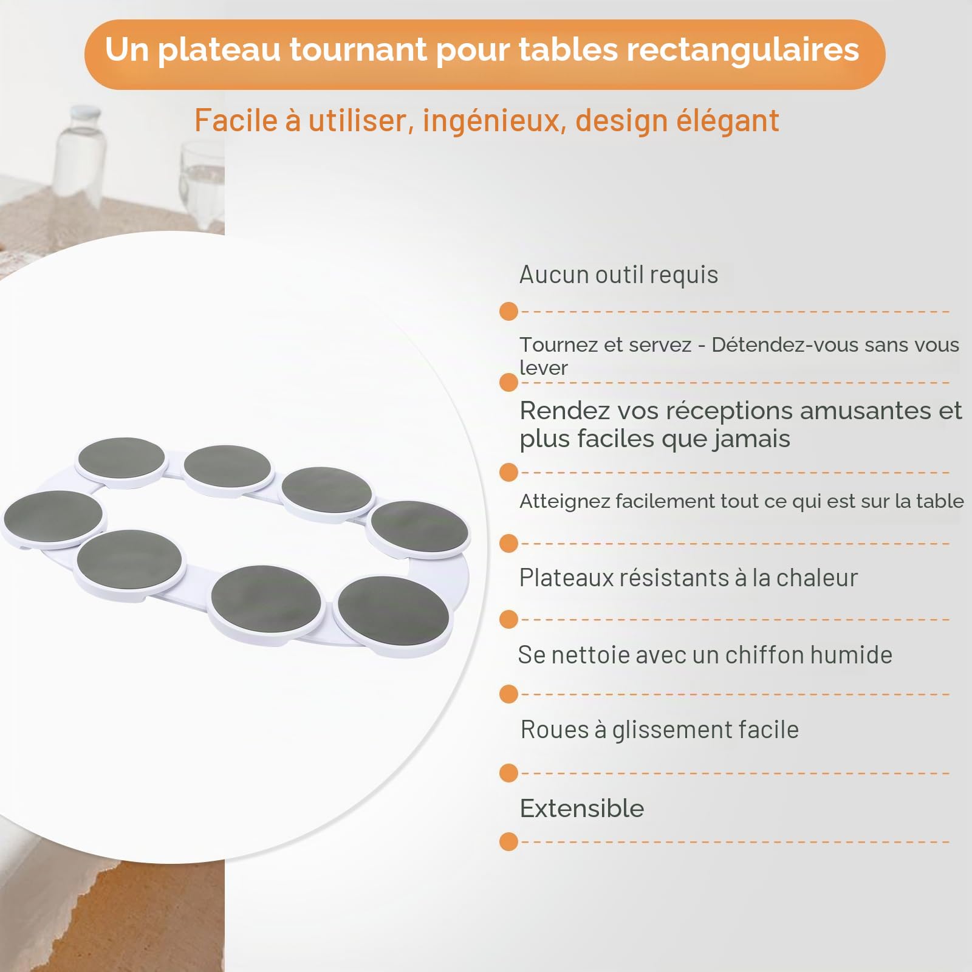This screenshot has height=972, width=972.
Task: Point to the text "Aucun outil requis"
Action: coord(618,275)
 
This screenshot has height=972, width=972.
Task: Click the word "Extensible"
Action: coord(582,809)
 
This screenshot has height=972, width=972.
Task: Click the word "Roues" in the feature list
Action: coord(555,730)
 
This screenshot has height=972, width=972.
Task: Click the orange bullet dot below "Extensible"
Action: coord(508,842)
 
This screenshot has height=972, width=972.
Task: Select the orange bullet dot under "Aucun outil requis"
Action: coord(508,312)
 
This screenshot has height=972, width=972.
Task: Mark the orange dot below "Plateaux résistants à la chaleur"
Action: coord(508,620)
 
